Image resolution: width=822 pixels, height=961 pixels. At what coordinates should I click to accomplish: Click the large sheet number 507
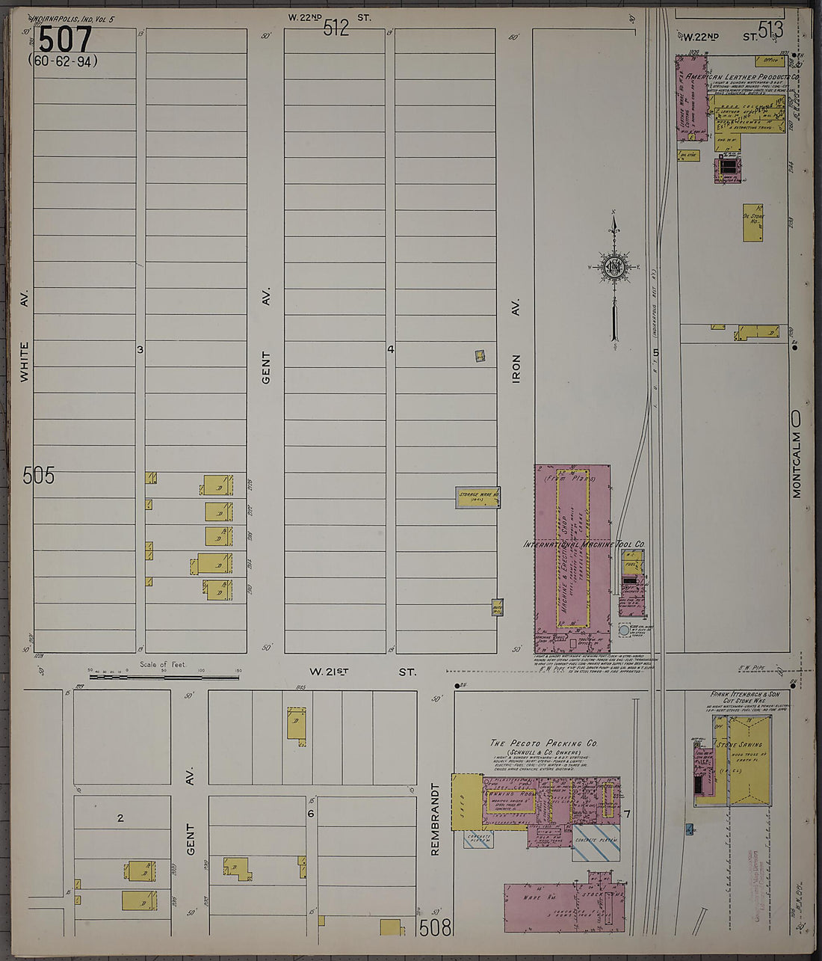pyautogui.click(x=65, y=40)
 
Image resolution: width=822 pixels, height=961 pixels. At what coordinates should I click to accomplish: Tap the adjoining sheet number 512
pyautogui.click(x=336, y=28)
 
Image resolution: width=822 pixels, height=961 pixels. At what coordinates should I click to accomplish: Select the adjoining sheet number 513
pyautogui.click(x=770, y=29)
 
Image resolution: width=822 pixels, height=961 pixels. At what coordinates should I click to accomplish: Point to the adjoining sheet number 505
pyautogui.click(x=39, y=475)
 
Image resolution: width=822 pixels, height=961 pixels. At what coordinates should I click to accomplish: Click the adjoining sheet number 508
pyautogui.click(x=435, y=928)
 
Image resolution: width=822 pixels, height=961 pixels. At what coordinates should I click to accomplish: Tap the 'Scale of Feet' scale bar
pyautogui.click(x=164, y=676)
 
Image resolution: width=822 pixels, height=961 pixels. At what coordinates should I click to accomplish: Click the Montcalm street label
pyautogui.click(x=797, y=464)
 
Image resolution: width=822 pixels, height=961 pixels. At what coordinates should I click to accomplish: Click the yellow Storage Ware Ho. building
pyautogui.click(x=478, y=497)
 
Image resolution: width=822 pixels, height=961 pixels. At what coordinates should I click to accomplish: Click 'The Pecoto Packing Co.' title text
pyautogui.click(x=543, y=743)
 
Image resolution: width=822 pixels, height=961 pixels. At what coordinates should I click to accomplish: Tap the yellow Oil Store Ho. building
pyautogui.click(x=753, y=222)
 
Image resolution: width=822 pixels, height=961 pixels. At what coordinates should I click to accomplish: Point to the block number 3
pyautogui.click(x=140, y=349)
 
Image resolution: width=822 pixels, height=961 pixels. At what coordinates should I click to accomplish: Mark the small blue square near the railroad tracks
pyautogui.click(x=688, y=829)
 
